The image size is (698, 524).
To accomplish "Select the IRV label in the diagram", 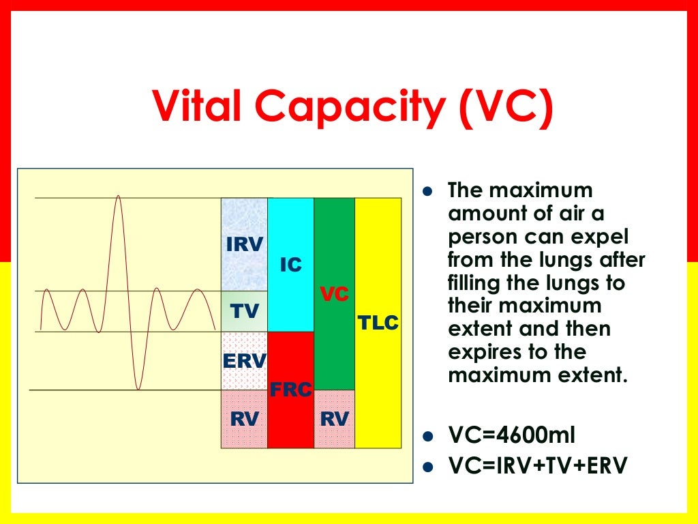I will click(x=244, y=244).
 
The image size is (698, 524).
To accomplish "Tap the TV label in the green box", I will click(x=244, y=312).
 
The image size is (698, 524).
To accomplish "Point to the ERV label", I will click(x=244, y=360).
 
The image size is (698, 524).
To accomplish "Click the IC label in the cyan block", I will click(x=291, y=265).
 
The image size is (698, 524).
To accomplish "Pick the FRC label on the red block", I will click(x=291, y=390).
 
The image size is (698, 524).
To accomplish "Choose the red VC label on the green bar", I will click(x=335, y=295).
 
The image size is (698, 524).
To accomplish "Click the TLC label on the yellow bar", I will click(x=378, y=323).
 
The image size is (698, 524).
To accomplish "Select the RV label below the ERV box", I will click(x=244, y=419).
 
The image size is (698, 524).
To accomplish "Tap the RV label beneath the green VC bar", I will click(x=335, y=419).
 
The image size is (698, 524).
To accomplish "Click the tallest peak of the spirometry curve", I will click(x=119, y=196).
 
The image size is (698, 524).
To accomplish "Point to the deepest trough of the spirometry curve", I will click(x=138, y=389).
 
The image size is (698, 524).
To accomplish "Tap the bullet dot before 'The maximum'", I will click(x=428, y=190).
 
